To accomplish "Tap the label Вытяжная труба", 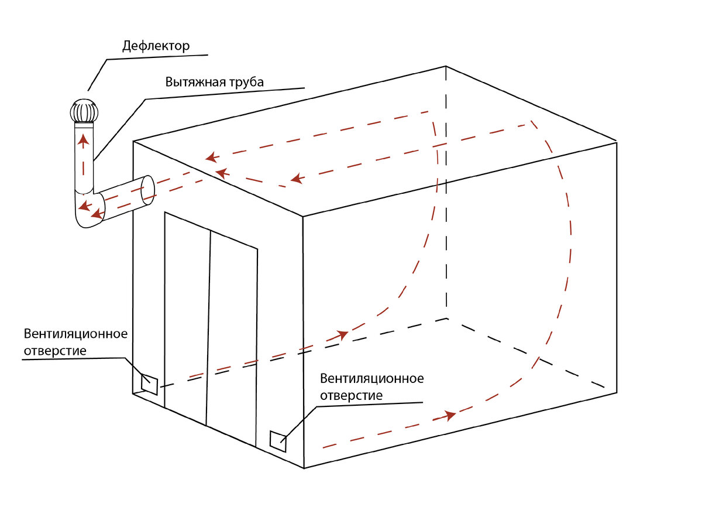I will click(x=215, y=81).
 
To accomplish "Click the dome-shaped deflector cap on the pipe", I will click(x=83, y=112).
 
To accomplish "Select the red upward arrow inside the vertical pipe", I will click(x=83, y=141).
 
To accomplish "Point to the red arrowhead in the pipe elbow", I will click(x=84, y=206).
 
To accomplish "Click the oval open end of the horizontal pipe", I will click(x=149, y=190).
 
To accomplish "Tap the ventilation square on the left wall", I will click(x=150, y=384).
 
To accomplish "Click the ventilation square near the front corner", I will click(x=278, y=440).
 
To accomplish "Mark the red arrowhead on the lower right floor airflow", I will click(x=449, y=416).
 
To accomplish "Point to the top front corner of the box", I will click(x=303, y=217).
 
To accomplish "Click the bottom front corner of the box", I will click(x=304, y=468).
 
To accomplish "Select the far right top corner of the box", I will click(x=617, y=141).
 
